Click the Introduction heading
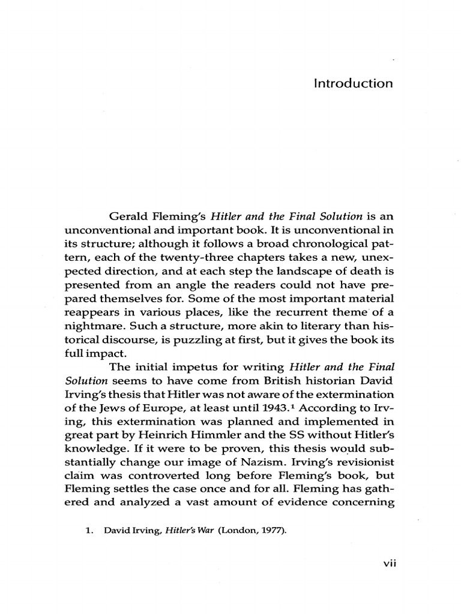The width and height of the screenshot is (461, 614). [x=353, y=83]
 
